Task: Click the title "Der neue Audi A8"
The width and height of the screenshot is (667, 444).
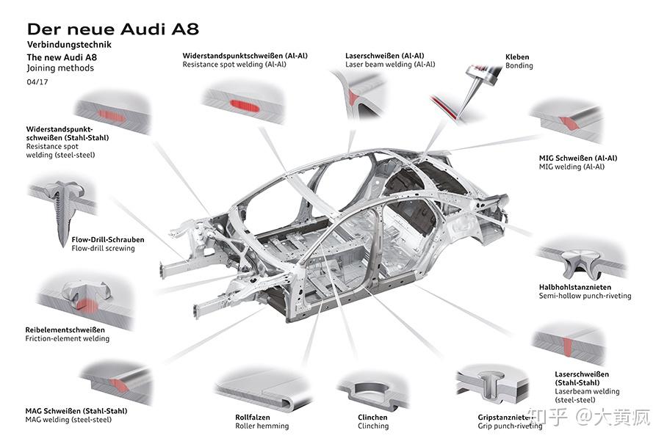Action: [112, 29]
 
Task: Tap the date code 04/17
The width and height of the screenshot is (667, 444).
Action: [37, 81]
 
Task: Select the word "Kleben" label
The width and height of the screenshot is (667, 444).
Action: [517, 57]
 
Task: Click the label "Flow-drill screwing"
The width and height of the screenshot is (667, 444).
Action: [103, 248]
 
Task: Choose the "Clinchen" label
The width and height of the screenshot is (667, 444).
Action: [372, 418]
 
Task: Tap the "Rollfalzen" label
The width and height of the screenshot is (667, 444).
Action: [253, 418]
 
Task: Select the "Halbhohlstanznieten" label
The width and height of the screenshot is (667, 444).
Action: [575, 287]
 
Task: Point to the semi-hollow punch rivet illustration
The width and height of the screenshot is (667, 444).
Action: [580, 262]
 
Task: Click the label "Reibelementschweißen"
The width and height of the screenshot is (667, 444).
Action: [65, 330]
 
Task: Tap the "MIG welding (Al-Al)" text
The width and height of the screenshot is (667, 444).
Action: [572, 167]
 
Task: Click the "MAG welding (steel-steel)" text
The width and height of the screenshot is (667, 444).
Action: [68, 420]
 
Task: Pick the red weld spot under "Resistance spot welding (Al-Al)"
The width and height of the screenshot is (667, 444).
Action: [245, 105]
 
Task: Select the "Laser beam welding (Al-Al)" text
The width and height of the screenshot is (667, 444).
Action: [391, 65]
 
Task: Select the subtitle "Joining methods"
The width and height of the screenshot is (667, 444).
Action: [60, 68]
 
